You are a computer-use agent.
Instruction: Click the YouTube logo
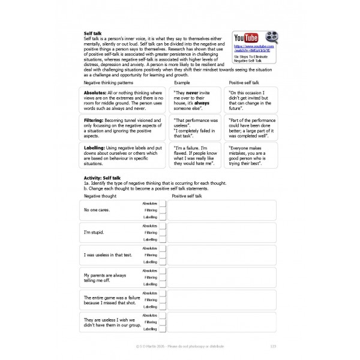click(x=246, y=38)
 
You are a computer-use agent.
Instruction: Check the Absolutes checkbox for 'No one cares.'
click(x=162, y=204)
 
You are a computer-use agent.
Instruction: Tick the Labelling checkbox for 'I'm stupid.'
click(x=162, y=239)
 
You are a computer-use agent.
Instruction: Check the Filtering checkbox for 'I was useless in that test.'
click(x=162, y=254)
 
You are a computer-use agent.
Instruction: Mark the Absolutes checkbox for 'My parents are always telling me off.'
click(x=162, y=270)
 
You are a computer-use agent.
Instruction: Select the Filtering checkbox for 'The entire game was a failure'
click(x=162, y=299)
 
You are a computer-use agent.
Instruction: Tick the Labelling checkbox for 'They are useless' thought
click(x=162, y=329)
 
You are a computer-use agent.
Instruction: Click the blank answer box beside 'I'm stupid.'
click(x=222, y=232)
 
